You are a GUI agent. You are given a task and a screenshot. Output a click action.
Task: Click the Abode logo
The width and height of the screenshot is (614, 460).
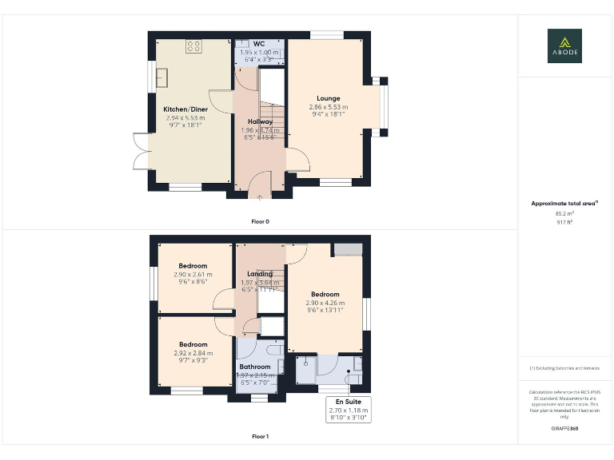tap(564, 46)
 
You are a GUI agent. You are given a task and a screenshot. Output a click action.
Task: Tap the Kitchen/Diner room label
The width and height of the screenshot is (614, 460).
tap(185, 109)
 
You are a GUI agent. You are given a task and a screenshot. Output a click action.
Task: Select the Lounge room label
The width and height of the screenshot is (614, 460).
tap(328, 98)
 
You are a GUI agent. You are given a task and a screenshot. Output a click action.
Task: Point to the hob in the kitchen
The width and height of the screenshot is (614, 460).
tap(193, 46)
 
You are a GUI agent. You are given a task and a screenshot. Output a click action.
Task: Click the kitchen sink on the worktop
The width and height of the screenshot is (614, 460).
tap(162, 76)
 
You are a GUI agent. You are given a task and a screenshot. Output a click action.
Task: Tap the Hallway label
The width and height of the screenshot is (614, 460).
tap(260, 121)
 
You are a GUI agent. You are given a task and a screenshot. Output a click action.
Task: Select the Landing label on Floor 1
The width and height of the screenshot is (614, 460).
tap(260, 274)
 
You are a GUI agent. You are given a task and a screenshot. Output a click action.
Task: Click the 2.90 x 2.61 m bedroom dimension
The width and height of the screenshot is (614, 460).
tap(193, 274)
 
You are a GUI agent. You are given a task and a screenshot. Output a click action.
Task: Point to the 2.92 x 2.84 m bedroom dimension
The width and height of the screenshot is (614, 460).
tap(193, 353)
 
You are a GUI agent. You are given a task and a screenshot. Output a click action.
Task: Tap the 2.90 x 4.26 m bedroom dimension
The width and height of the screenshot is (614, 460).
tap(325, 303)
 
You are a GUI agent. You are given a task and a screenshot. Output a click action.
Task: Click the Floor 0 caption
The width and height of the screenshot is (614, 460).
tap(260, 220)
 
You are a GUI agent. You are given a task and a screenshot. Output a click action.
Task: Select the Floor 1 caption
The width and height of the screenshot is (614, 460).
tap(260, 437)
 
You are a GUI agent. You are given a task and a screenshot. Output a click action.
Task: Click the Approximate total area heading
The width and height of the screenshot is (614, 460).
tap(564, 204)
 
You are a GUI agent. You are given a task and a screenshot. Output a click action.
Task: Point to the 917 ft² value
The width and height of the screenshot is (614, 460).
tap(564, 222)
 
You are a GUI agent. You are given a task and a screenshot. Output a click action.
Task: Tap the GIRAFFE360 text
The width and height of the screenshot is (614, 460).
tap(564, 429)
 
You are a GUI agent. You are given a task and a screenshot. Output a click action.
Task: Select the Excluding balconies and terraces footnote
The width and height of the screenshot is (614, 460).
tap(564, 368)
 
